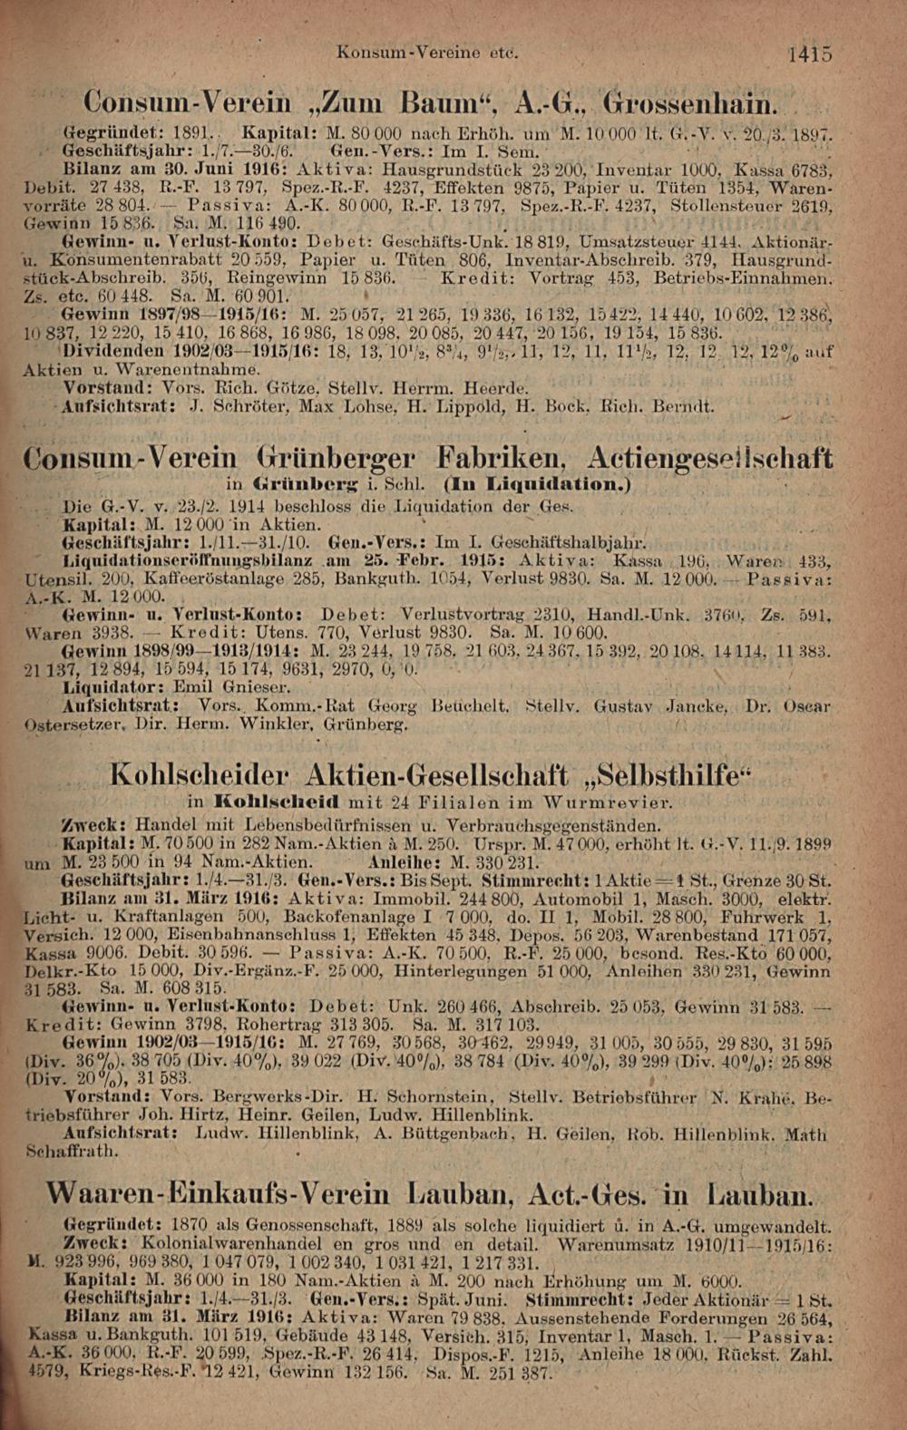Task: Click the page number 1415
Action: click(809, 54)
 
